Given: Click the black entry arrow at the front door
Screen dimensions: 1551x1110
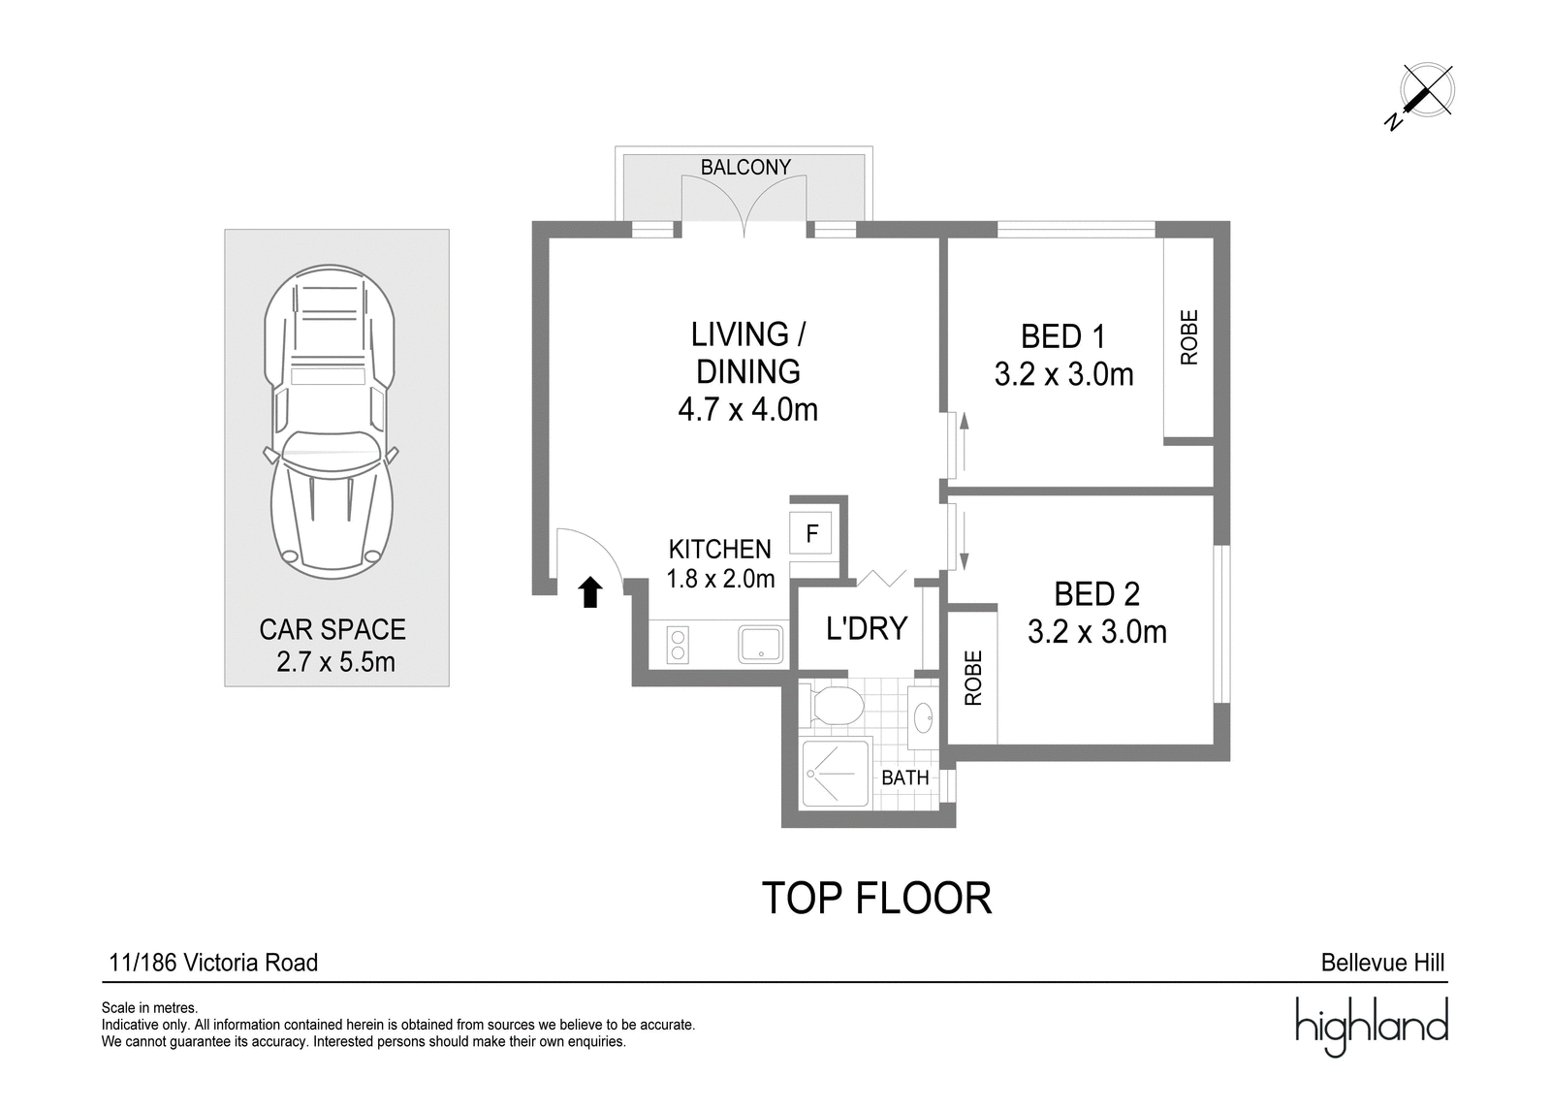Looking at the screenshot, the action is pos(590,592).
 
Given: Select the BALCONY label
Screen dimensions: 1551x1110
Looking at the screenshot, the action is pos(745,167).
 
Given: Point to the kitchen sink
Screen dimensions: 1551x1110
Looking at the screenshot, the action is pos(760,644).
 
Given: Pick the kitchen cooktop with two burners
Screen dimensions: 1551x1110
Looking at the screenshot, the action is pos(678,644).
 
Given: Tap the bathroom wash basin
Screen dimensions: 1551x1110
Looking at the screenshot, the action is pos(923,718).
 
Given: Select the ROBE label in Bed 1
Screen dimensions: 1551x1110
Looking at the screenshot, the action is pos(1188,337).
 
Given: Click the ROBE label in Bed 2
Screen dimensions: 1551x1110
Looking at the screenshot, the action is pos(973,678).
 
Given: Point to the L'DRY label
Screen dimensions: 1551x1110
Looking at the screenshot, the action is pos(867,628).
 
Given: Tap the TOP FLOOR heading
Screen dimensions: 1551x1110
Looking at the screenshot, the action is pos(876,898).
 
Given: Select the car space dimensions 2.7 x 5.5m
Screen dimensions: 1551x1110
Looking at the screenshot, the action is pos(335,662).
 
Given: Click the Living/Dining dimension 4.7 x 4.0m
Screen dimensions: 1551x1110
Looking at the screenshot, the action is pos(747,409).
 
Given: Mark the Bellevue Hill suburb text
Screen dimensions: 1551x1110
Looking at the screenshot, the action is pos(1382,963).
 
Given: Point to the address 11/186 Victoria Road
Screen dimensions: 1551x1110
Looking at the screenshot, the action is pos(213,963).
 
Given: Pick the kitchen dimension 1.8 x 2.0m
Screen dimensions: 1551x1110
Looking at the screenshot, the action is pos(720,578).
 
